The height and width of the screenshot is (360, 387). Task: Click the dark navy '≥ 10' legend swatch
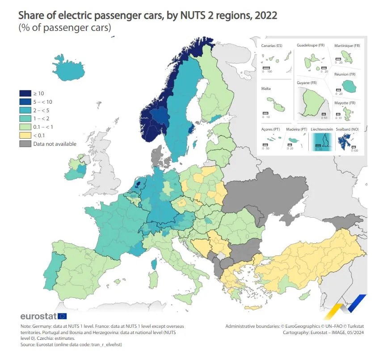pos(25,93)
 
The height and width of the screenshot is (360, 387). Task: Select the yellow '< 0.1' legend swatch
pos(25,135)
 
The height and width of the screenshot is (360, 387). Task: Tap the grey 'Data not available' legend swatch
pos(25,144)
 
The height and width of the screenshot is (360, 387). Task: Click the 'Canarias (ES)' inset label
pos(272,46)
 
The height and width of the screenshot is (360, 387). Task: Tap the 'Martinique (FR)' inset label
pos(347,46)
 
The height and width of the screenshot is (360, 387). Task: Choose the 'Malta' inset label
pos(266,89)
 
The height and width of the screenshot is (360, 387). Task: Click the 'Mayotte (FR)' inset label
pos(345,103)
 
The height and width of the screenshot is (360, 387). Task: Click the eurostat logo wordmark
pos(38,317)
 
